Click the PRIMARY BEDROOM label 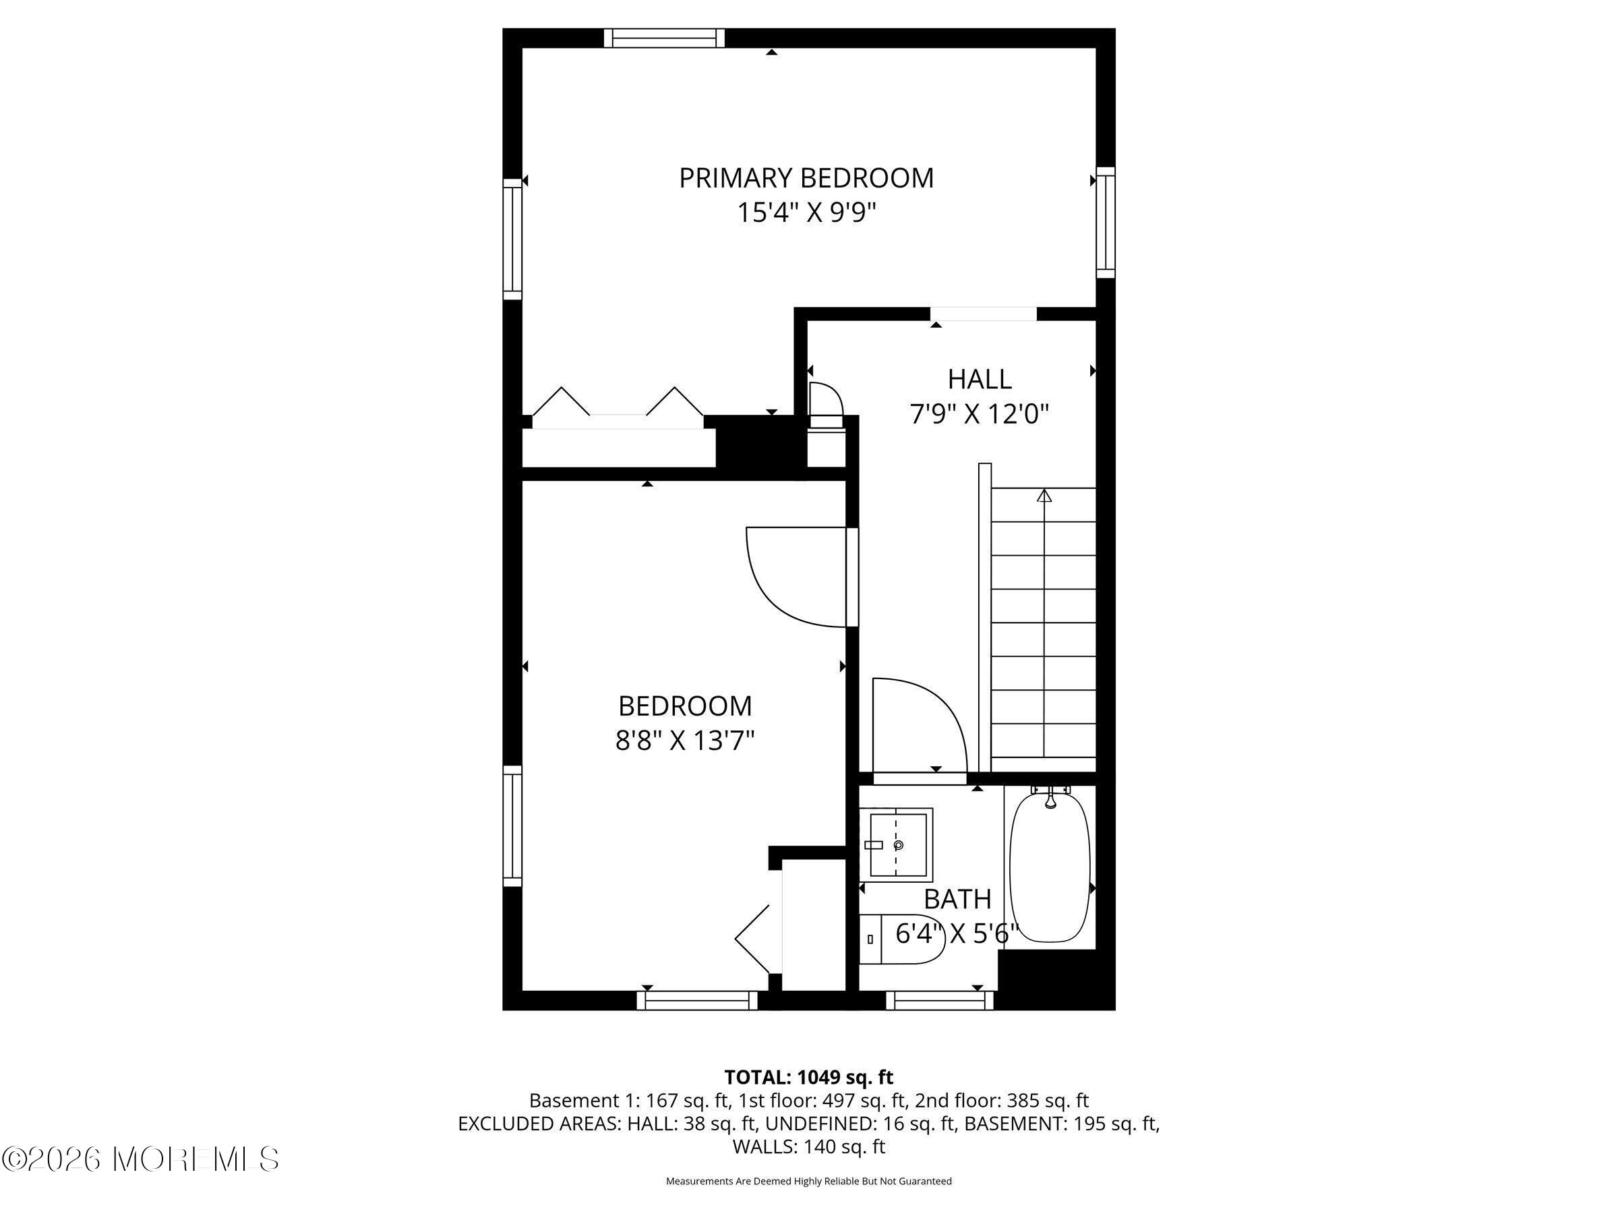pyautogui.click(x=806, y=178)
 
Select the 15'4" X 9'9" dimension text pyautogui.click(x=806, y=213)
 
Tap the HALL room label pyautogui.click(x=980, y=379)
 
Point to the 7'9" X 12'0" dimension pyautogui.click(x=980, y=415)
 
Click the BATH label pyautogui.click(x=957, y=898)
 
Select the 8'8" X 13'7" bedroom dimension pyautogui.click(x=685, y=741)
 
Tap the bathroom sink pyautogui.click(x=896, y=844)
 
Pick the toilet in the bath pyautogui.click(x=901, y=939)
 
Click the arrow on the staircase pyautogui.click(x=1044, y=496)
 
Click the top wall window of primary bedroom pyautogui.click(x=663, y=37)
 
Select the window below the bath pyautogui.click(x=939, y=1000)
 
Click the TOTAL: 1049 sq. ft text pyautogui.click(x=808, y=1077)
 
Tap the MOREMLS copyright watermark pyautogui.click(x=140, y=1159)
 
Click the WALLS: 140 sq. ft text pyautogui.click(x=808, y=1147)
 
